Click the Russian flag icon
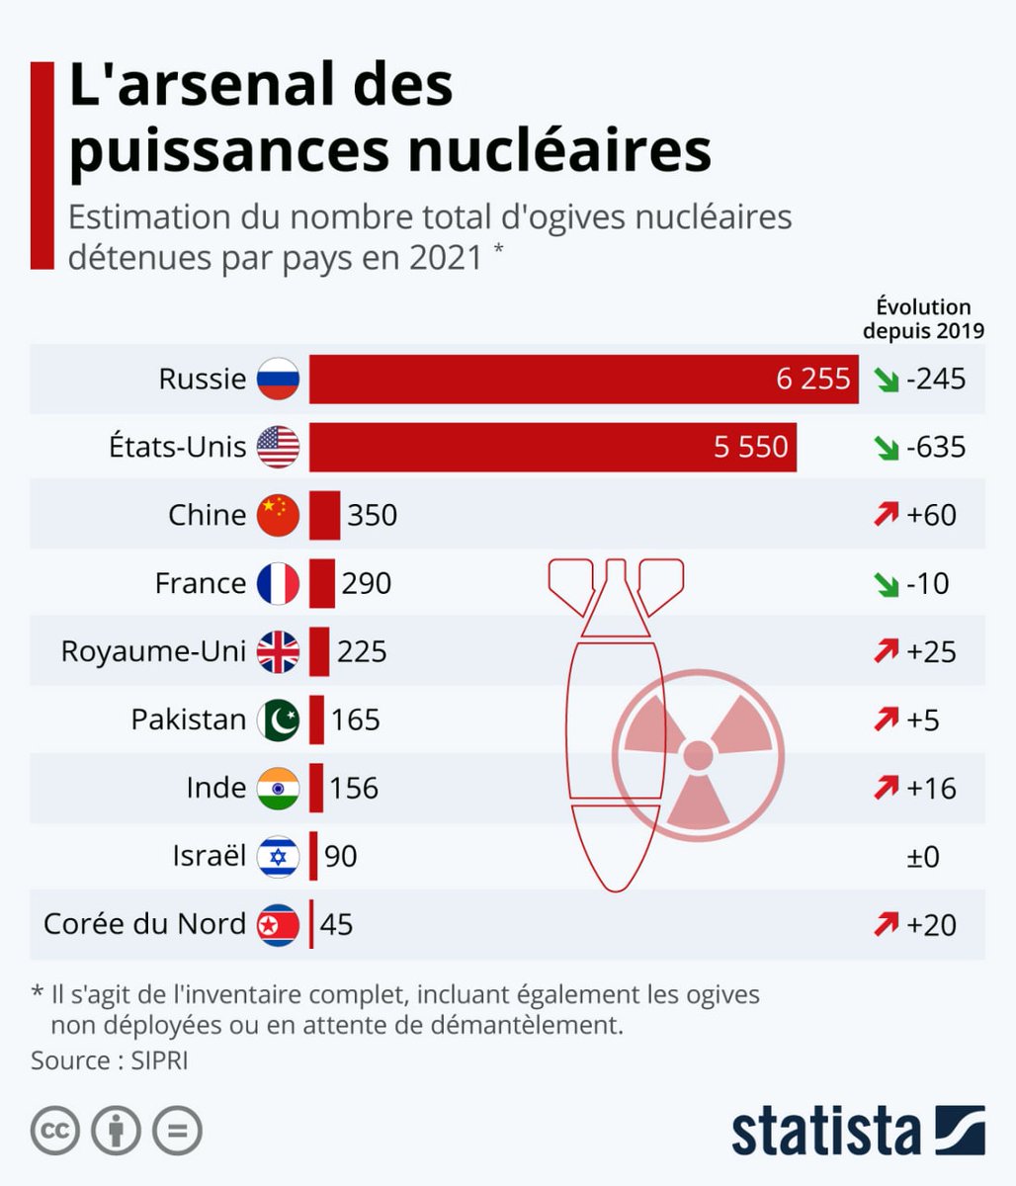pyautogui.click(x=278, y=379)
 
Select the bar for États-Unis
pyautogui.click(x=552, y=447)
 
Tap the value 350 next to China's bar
pyautogui.click(x=372, y=515)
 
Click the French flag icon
pyautogui.click(x=278, y=583)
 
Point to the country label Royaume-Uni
pyautogui.click(x=153, y=651)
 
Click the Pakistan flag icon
pyautogui.click(x=278, y=720)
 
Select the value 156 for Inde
pyautogui.click(x=354, y=788)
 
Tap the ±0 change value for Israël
pyautogui.click(x=923, y=856)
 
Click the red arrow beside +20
pyautogui.click(x=886, y=924)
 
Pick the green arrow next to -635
pyautogui.click(x=886, y=448)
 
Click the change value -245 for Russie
pyautogui.click(x=935, y=379)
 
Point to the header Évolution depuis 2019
pyautogui.click(x=923, y=318)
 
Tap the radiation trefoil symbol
pyautogui.click(x=698, y=754)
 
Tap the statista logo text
pyautogui.click(x=825, y=1130)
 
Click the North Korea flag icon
pyautogui.click(x=278, y=924)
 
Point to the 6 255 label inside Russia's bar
pyautogui.click(x=812, y=379)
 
